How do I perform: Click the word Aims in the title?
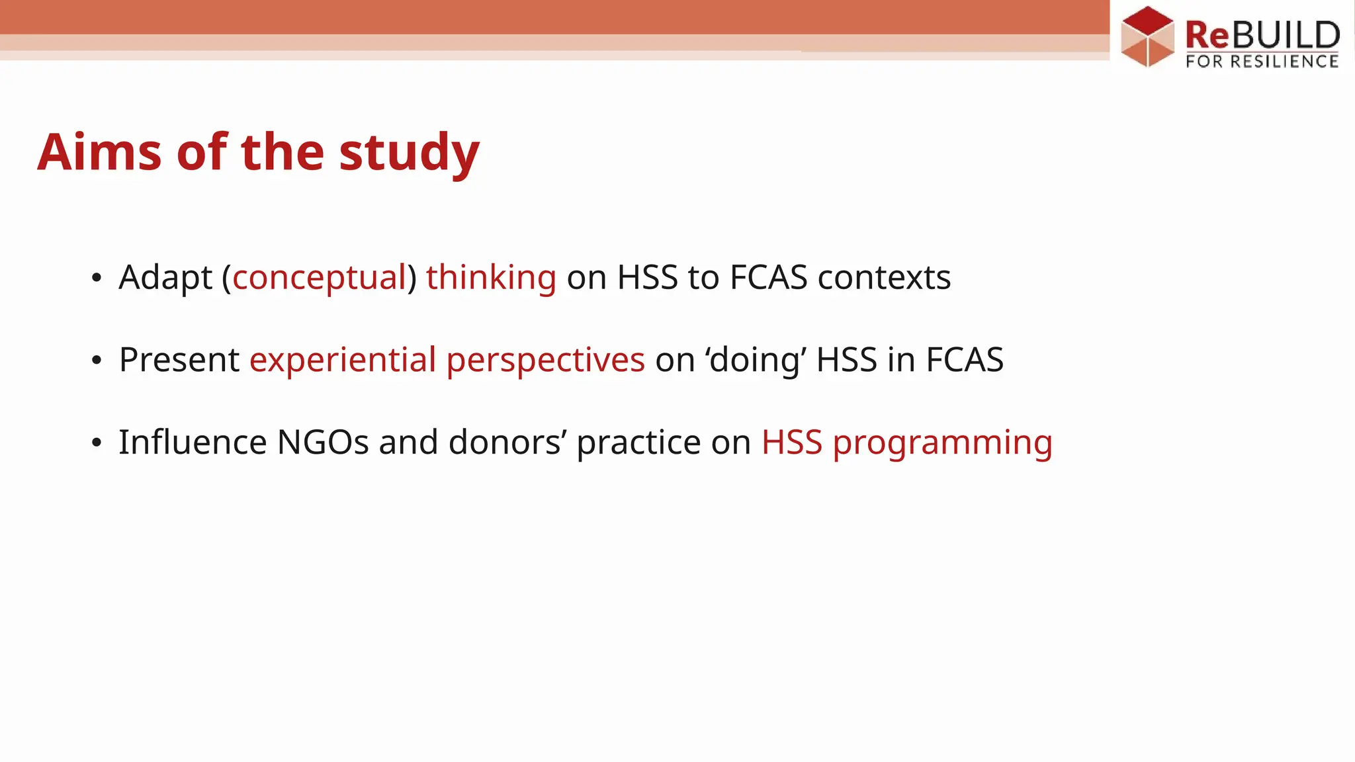pos(99,152)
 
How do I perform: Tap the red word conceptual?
pos(319,277)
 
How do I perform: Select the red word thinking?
pos(491,277)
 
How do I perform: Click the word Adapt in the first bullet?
pos(165,277)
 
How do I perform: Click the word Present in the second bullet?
pos(179,360)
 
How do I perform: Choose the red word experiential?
pos(343,360)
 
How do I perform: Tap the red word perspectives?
pos(545,361)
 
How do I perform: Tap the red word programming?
pos(942,443)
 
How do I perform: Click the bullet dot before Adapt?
pos(97,278)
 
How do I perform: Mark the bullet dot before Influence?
pos(97,443)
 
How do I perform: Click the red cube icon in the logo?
pos(1147,36)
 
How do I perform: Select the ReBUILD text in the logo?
pos(1262,34)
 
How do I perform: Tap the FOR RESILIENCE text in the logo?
pos(1262,62)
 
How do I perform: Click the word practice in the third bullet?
pos(638,443)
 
